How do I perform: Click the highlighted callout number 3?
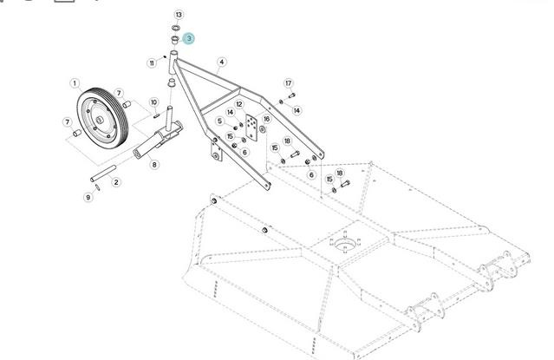tap(189, 38)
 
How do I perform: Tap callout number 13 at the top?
tap(179, 16)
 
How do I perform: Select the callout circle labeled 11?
tap(152, 62)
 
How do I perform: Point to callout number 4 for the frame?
tap(222, 62)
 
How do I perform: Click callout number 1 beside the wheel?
tap(75, 84)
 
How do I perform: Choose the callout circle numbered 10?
tap(153, 102)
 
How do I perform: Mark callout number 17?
tap(288, 82)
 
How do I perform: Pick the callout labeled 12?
tap(238, 104)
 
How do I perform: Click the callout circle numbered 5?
tap(219, 121)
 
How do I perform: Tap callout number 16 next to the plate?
tap(266, 119)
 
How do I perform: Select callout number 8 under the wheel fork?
tap(154, 164)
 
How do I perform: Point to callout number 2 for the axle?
tap(116, 182)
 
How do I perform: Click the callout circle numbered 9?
tap(88, 198)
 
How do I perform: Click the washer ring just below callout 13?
tap(173, 29)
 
